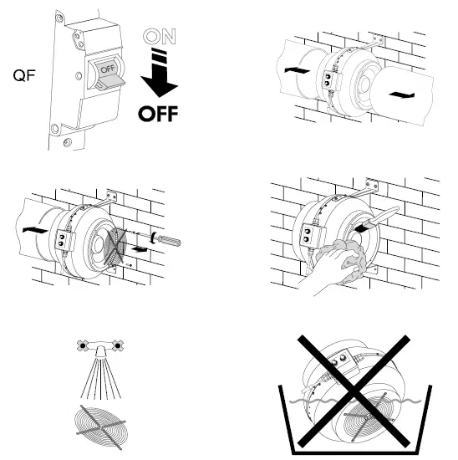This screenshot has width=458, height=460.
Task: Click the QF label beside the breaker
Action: (23, 75)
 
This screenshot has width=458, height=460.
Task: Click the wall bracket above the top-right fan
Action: (374, 43)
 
